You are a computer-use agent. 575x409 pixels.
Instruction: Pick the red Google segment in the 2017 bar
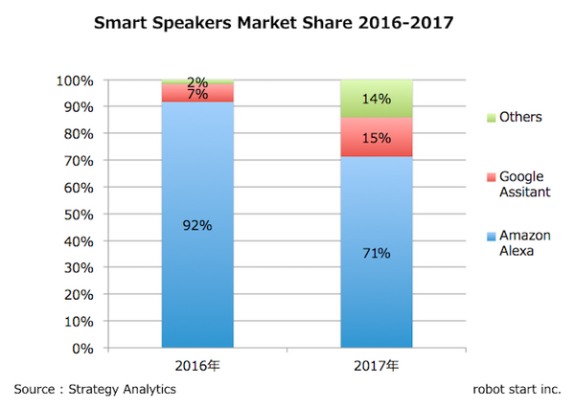377,137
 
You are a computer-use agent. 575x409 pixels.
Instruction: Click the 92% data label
198,226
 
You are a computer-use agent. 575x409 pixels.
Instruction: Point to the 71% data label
377,254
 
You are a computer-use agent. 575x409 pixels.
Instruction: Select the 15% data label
377,138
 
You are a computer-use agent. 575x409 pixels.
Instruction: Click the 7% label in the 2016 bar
198,93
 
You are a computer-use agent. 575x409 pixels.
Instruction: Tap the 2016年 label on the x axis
198,365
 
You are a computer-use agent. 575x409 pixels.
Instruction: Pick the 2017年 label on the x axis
377,365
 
